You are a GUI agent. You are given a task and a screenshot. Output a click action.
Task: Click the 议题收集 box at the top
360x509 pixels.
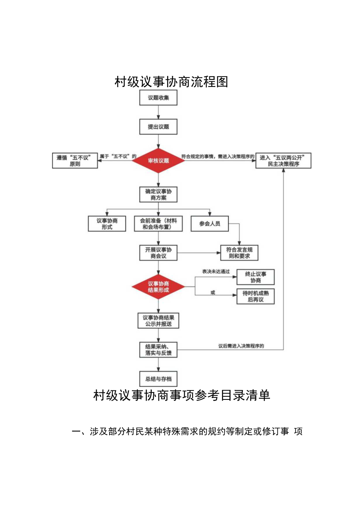coord(158,98)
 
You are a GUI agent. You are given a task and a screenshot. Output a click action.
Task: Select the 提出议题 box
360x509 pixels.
coord(158,127)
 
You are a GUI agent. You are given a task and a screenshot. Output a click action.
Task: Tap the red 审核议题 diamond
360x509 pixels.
coord(158,161)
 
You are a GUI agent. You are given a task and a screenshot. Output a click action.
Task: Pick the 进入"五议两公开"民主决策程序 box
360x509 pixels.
coord(283,161)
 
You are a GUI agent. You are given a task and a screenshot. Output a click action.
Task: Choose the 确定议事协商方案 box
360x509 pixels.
coord(158,194)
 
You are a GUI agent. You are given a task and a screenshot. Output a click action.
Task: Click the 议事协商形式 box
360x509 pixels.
coord(107,223)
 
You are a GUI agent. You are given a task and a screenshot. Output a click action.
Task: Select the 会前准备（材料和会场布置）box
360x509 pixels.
coord(158,223)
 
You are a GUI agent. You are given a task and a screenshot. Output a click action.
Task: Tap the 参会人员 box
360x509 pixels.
coord(209,223)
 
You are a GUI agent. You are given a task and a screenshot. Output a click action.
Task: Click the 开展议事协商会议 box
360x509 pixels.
coord(158,253)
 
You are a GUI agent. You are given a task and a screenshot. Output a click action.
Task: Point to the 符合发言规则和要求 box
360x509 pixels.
coord(239,253)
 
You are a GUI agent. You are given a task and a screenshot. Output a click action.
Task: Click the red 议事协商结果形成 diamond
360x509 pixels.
coord(158,287)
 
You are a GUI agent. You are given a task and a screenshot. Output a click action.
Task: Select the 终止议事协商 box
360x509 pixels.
coord(256,277)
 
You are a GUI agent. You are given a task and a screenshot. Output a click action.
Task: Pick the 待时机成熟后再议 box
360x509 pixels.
coord(256,296)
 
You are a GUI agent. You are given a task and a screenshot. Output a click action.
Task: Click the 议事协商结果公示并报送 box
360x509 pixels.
coord(158,320)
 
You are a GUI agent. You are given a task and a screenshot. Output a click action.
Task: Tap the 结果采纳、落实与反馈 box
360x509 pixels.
coord(158,350)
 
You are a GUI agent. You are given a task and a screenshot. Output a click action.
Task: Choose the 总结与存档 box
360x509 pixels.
coord(158,379)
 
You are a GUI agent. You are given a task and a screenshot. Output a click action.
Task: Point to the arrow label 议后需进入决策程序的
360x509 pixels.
coord(241,346)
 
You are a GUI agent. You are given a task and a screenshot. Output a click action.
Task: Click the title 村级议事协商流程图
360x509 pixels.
coord(171,82)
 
